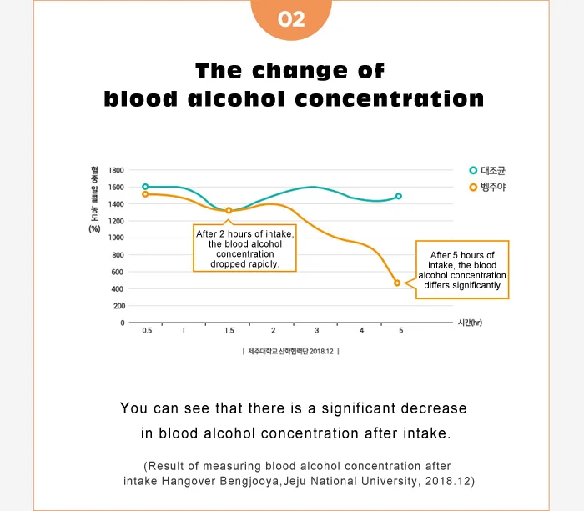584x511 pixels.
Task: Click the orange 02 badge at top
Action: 291,18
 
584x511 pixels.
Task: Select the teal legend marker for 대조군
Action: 473,170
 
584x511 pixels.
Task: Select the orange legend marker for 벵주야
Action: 473,188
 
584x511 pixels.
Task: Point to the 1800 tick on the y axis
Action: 115,170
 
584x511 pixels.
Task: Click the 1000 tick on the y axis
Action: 115,238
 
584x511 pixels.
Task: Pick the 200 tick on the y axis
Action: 118,306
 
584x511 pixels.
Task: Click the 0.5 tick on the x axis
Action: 147,331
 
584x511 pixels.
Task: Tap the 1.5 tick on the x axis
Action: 229,331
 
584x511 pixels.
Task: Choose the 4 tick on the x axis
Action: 361,331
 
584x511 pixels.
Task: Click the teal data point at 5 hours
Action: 399,196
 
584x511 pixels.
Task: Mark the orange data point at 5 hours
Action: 397,283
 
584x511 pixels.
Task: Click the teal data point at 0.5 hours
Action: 145,187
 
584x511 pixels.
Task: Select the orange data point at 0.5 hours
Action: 145,194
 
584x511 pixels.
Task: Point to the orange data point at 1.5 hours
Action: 229,211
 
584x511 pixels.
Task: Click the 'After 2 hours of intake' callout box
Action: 244,248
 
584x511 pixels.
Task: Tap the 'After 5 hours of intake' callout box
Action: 462,269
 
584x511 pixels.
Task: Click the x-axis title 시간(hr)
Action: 470,323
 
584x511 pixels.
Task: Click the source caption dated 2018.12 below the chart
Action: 291,352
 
